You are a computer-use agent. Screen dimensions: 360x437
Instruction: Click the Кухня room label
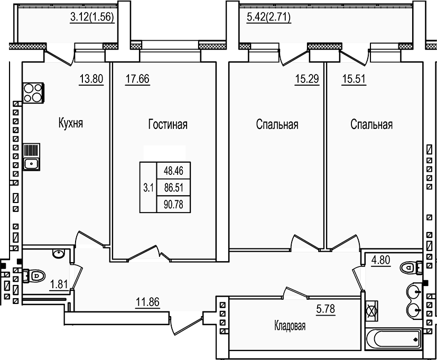[71, 124]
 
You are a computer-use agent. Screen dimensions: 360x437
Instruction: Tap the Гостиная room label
[168, 125]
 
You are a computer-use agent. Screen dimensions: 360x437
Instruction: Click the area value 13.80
[90, 80]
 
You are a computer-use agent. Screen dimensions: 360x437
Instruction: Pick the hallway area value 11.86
[147, 303]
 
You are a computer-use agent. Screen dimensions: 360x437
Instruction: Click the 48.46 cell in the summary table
[173, 171]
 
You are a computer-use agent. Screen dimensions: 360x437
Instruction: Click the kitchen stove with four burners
[32, 92]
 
